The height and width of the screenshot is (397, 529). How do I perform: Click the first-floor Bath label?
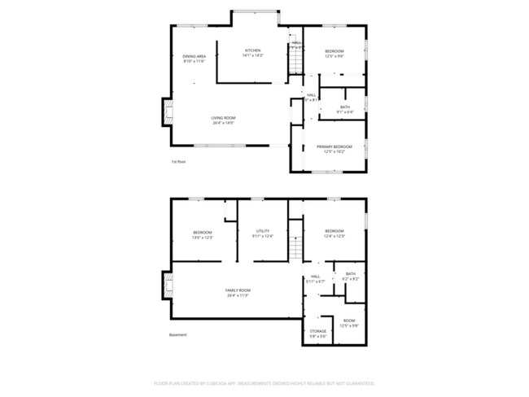tap(345, 109)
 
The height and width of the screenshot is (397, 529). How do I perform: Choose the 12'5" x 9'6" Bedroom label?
tap(334, 53)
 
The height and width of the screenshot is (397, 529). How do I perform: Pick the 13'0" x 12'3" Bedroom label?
tap(202, 234)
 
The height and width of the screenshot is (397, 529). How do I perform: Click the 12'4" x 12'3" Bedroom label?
tap(334, 234)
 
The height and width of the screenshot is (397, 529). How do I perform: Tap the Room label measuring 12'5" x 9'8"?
tap(350, 323)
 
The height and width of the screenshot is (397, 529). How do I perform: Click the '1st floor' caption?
tap(178, 162)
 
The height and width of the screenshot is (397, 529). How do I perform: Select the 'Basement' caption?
tap(178, 335)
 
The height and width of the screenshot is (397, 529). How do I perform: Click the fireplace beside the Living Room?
tap(168, 112)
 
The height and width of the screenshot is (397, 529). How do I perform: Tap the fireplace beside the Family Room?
tap(168, 286)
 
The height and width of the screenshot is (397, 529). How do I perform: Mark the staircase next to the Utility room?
tap(297, 242)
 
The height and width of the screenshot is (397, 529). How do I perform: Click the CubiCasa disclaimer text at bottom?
tap(264, 383)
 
